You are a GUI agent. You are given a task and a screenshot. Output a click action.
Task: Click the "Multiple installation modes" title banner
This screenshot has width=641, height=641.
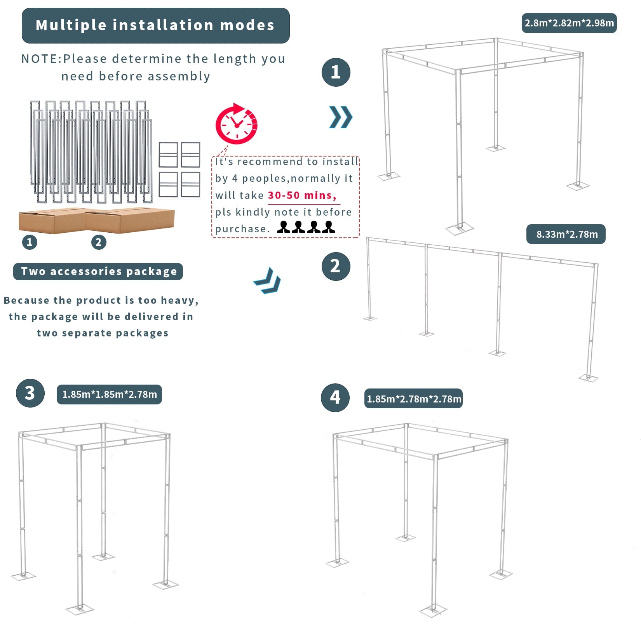pyautogui.click(x=155, y=26)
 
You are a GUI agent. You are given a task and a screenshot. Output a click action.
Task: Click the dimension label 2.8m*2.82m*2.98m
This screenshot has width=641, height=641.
pyautogui.click(x=569, y=23)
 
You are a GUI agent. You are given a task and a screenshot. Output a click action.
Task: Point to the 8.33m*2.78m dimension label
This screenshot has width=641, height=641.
pyautogui.click(x=566, y=234)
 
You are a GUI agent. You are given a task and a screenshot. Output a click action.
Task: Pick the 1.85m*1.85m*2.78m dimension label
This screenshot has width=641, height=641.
pyautogui.click(x=110, y=394)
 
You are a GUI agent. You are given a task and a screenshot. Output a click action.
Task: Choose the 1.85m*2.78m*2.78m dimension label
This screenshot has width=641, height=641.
pyautogui.click(x=413, y=399)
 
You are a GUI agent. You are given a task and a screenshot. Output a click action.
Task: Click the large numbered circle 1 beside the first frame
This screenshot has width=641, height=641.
pyautogui.click(x=336, y=72)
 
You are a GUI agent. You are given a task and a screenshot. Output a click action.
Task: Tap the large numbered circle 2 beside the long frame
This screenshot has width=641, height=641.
pyautogui.click(x=336, y=267)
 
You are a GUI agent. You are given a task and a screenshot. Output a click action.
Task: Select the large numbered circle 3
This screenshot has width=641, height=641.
pyautogui.click(x=30, y=393)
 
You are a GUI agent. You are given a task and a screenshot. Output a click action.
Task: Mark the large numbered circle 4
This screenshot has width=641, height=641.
pyautogui.click(x=335, y=397)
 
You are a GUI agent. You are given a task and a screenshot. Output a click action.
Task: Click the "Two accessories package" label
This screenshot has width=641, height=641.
pyautogui.click(x=98, y=272)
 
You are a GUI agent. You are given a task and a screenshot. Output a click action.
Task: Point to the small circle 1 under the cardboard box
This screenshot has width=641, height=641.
pyautogui.click(x=30, y=242)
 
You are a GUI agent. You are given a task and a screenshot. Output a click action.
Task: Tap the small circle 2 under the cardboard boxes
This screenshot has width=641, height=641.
pyautogui.click(x=99, y=242)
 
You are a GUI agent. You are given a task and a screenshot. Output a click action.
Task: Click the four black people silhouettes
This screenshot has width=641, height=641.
pyautogui.click(x=306, y=227)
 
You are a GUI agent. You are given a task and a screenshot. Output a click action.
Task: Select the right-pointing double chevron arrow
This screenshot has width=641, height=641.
pyautogui.click(x=341, y=117)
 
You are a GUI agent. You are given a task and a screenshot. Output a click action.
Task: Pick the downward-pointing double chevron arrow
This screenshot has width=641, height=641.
pyautogui.click(x=268, y=281)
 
